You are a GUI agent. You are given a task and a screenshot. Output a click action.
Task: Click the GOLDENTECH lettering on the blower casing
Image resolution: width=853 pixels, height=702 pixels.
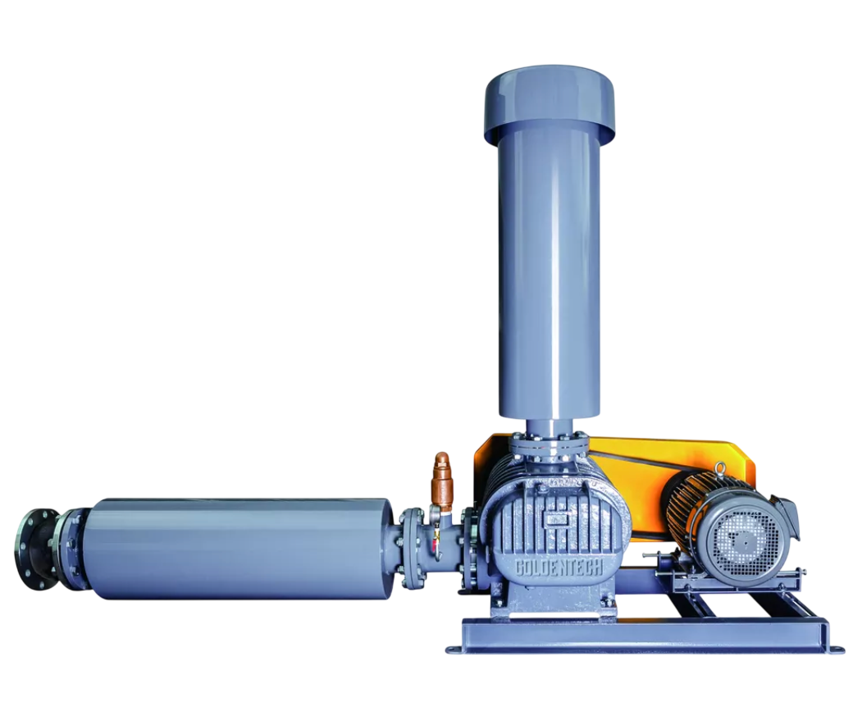(559, 568)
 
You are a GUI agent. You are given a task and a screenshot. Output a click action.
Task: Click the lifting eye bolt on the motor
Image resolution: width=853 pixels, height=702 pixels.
(721, 468)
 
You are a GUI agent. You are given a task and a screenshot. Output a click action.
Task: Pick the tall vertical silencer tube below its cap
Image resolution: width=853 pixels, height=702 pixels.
(550, 272)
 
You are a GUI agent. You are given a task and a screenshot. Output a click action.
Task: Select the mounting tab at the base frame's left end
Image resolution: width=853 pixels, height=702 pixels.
(454, 649)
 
